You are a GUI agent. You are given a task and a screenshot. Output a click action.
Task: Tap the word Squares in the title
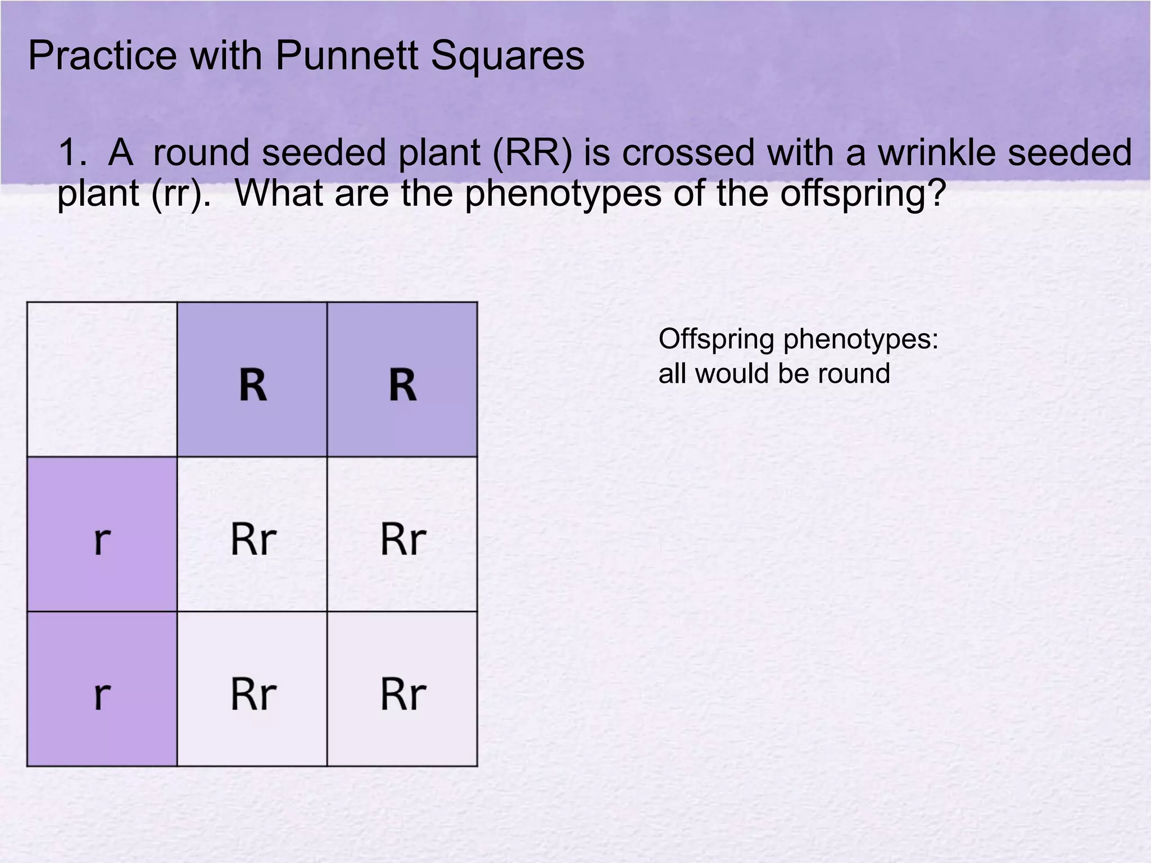(507, 56)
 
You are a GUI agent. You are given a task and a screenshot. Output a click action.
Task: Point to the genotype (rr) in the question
(177, 193)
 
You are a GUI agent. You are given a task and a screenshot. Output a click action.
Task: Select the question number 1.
(72, 153)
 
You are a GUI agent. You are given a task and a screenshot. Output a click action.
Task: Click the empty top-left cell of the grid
(102, 379)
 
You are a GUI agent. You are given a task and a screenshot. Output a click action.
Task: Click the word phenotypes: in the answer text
(861, 340)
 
